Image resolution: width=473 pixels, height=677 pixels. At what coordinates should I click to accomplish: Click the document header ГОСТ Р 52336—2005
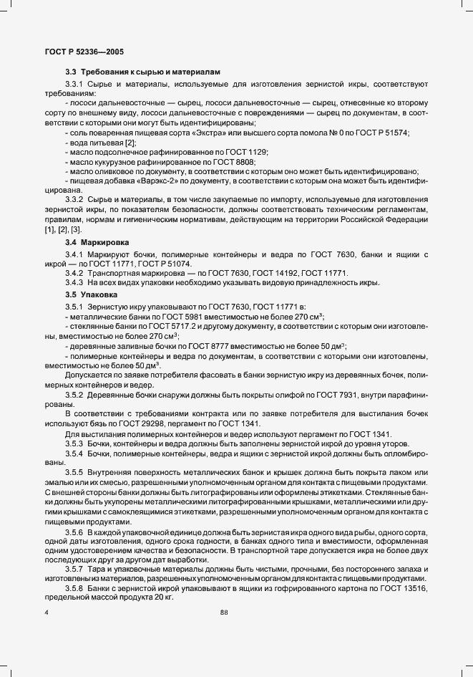tap(79, 52)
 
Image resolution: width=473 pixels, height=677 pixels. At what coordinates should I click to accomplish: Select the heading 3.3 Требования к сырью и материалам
tap(143, 72)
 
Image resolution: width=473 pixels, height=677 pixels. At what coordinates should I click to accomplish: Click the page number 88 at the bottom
tap(223, 612)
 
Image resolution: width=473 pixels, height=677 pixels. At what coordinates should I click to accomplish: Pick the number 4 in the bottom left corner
tap(47, 612)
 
